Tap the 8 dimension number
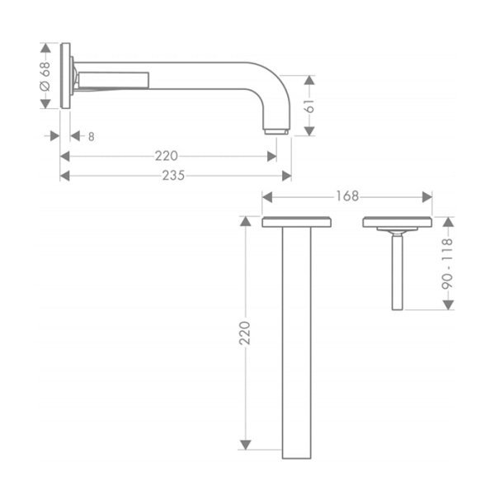click(x=91, y=136)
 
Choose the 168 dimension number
click(x=346, y=196)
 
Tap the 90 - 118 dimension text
click(x=448, y=263)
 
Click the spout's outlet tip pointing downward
click(x=276, y=131)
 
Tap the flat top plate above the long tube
click(x=296, y=222)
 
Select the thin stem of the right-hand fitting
click(x=397, y=272)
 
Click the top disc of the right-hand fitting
click(x=397, y=222)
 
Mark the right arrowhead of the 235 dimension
click(x=286, y=175)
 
